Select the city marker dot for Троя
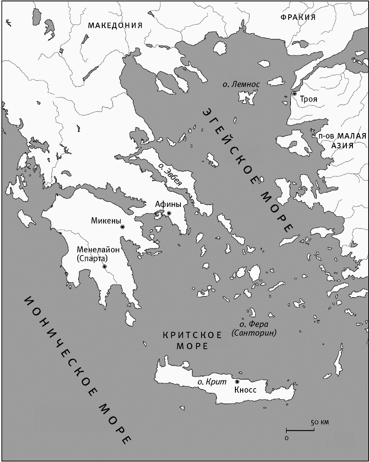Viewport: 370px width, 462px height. pos(294,94)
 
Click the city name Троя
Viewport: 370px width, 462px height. pos(308,99)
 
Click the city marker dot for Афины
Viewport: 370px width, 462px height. pos(169,213)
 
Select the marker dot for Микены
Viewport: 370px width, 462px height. pos(122,227)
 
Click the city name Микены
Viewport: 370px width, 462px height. pos(106,221)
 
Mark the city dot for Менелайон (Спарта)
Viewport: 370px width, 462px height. pos(105,267)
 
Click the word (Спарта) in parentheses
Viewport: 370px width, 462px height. pos(92,259)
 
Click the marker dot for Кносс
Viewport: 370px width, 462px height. pos(237,382)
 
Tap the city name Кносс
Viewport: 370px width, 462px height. pos(245,389)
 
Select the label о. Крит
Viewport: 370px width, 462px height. pos(212,382)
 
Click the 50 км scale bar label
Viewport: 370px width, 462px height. pos(319,423)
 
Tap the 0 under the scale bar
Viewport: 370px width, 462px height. pos(287,437)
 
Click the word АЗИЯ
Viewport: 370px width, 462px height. pos(342,145)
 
